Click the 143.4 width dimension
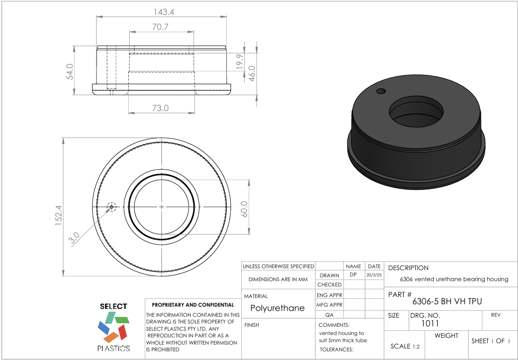point(161,11)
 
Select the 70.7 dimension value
point(160,27)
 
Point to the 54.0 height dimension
point(70,72)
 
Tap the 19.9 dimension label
point(240,62)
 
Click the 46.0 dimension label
point(251,74)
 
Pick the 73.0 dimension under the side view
point(160,108)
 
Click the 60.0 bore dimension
point(244,209)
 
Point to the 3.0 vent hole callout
point(74,238)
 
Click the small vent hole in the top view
point(111,207)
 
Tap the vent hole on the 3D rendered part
point(381,91)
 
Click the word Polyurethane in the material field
point(277,308)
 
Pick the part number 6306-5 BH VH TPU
point(447,301)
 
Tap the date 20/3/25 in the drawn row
point(374,275)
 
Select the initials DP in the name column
point(353,275)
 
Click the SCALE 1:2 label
point(405,346)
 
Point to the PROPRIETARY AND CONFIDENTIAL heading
point(193,305)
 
